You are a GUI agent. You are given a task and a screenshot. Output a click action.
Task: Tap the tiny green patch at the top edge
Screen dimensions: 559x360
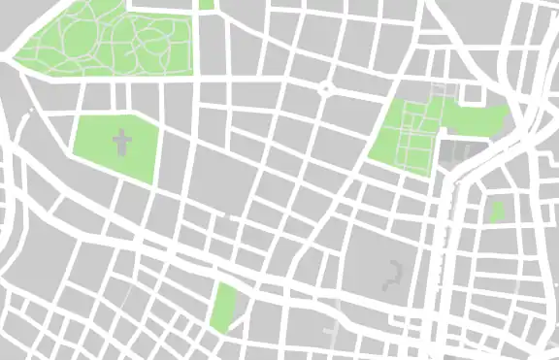(206, 4)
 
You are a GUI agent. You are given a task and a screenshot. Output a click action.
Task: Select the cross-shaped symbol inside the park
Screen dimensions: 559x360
(122, 146)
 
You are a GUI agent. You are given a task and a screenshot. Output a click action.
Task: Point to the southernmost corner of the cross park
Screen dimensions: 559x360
(151, 183)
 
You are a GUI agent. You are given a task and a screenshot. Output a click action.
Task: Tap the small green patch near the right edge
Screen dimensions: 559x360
(498, 211)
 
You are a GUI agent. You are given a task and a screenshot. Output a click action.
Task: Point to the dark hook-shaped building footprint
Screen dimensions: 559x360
(393, 276)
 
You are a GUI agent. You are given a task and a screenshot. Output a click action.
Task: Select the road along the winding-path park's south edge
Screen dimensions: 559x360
(107, 77)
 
